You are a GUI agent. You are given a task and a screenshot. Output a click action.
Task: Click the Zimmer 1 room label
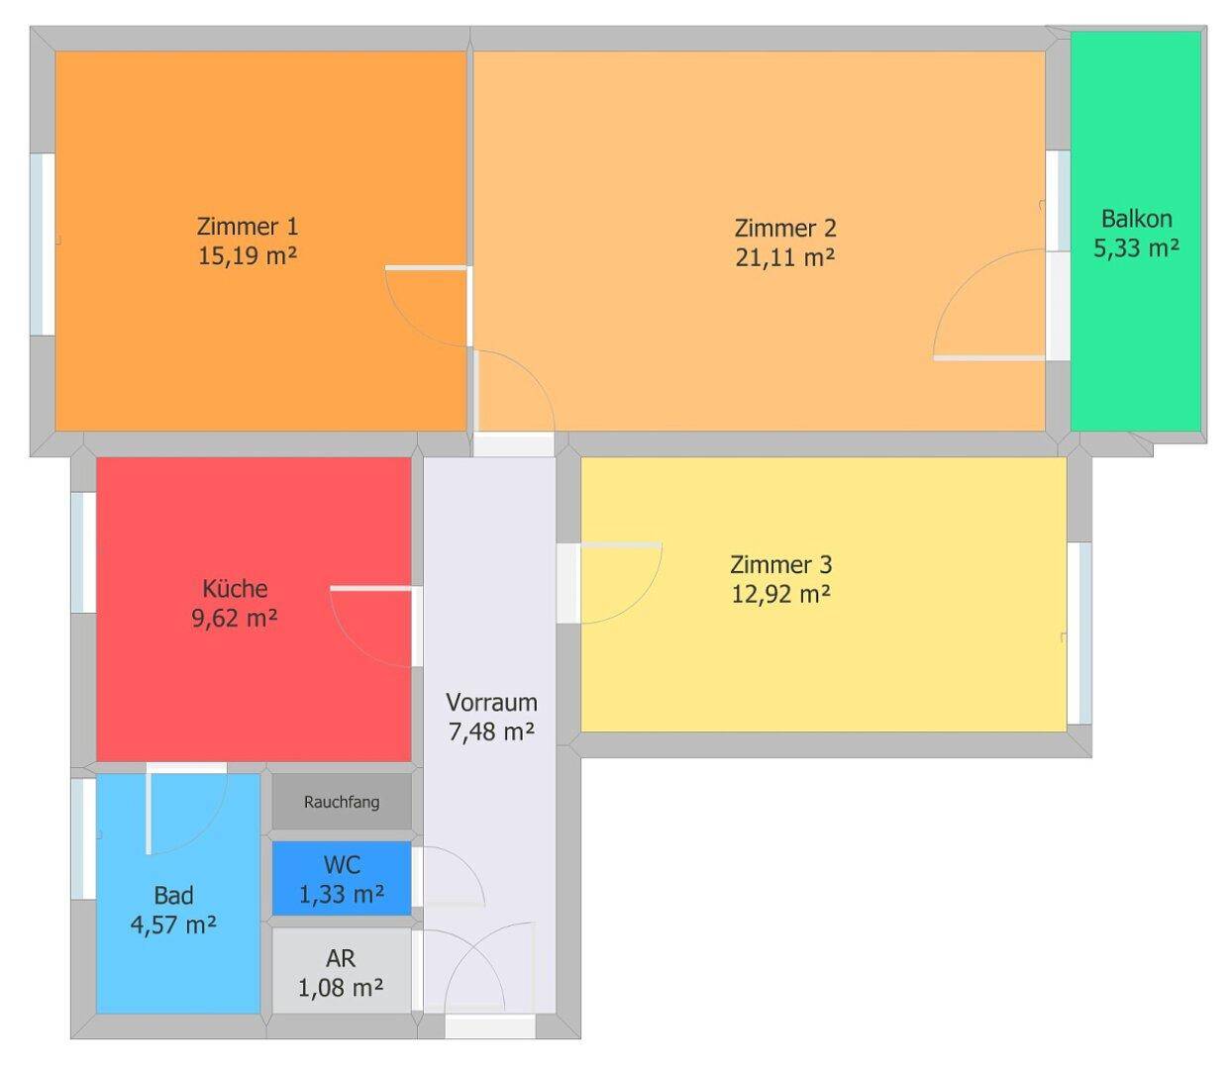click(x=247, y=226)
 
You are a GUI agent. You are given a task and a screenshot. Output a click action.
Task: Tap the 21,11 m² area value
click(x=784, y=257)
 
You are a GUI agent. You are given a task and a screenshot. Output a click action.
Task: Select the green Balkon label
click(x=1136, y=219)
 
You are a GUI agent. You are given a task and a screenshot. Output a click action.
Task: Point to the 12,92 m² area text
click(x=780, y=595)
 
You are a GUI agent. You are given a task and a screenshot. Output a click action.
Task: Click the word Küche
click(x=235, y=589)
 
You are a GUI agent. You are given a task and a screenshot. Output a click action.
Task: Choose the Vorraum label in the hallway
click(x=491, y=703)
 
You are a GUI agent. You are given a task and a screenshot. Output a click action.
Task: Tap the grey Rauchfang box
click(x=342, y=802)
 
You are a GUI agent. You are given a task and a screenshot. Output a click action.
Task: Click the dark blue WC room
click(x=342, y=879)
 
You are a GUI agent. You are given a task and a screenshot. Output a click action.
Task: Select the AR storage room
click(x=342, y=972)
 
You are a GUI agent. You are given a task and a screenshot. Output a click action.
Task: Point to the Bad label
click(x=173, y=896)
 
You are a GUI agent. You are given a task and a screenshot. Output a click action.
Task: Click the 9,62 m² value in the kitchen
click(x=235, y=619)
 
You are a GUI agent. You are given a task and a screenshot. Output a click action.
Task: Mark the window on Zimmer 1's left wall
click(x=43, y=243)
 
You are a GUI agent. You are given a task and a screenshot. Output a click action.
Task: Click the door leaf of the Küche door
click(x=370, y=589)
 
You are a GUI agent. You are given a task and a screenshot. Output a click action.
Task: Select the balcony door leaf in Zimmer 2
click(x=988, y=357)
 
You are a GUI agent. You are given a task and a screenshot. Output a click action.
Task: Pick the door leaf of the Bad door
click(x=150, y=812)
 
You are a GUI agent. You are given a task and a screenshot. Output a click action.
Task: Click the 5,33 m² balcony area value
click(x=1136, y=248)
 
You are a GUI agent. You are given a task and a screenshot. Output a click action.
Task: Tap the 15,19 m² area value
click(x=247, y=255)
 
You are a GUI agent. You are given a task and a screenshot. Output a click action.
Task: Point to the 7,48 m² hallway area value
click(x=491, y=732)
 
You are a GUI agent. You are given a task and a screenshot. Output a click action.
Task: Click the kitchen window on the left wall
click(x=83, y=551)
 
